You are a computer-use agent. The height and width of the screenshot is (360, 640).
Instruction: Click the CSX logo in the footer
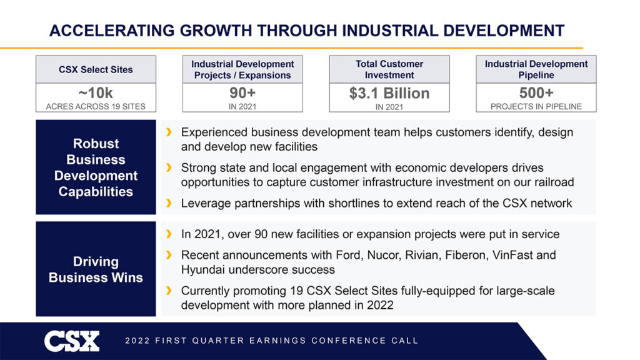(x=72, y=341)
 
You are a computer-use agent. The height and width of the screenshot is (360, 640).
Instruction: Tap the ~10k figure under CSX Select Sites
(x=96, y=93)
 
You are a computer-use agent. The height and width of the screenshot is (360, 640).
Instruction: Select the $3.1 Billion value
(x=389, y=93)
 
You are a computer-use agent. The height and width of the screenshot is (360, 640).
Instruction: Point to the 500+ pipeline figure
(x=536, y=93)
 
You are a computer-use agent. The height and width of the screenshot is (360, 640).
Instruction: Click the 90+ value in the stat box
(x=242, y=93)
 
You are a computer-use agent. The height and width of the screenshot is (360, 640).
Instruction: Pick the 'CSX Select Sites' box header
(x=96, y=69)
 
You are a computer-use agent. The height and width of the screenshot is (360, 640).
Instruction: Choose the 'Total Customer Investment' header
(x=389, y=69)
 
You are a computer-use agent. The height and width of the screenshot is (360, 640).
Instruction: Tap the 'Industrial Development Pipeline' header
(x=536, y=69)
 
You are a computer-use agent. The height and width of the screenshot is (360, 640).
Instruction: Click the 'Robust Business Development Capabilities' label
(x=96, y=167)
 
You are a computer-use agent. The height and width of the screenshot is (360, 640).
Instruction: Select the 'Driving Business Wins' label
(x=96, y=269)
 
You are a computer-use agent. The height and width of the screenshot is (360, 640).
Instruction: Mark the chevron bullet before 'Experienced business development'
(x=169, y=132)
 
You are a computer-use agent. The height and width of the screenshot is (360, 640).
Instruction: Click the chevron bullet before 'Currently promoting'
(x=169, y=291)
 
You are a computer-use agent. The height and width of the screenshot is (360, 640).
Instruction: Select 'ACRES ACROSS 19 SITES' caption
(x=96, y=106)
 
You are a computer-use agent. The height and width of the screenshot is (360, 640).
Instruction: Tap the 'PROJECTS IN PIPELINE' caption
(x=536, y=106)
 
